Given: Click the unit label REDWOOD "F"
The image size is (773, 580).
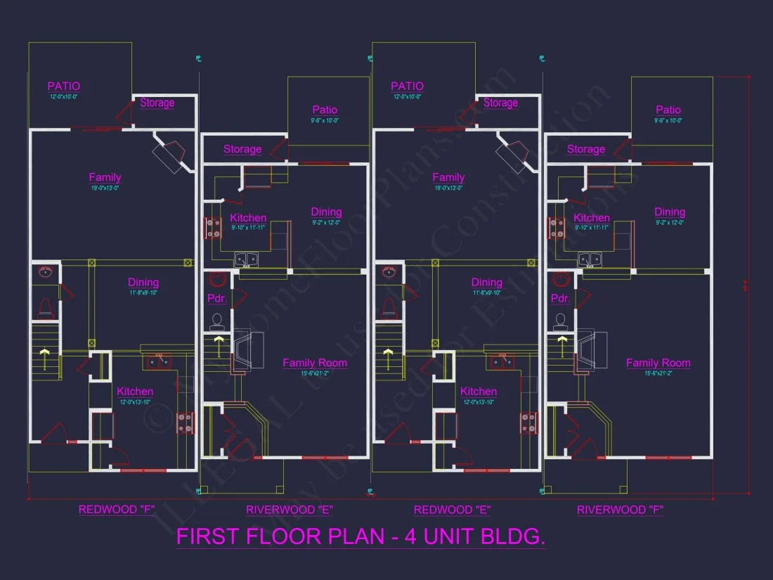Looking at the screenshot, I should pyautogui.click(x=117, y=510).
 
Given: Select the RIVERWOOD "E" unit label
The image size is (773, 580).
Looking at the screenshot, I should pyautogui.click(x=289, y=510).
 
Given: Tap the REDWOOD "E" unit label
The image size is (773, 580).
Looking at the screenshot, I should pyautogui.click(x=452, y=510).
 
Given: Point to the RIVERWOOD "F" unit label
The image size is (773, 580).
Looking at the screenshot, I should pyautogui.click(x=620, y=510).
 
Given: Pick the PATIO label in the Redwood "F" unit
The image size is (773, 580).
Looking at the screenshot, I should pyautogui.click(x=64, y=86).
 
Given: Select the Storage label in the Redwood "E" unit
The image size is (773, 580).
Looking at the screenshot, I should pyautogui.click(x=500, y=103).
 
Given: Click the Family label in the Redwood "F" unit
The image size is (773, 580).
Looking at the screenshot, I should pyautogui.click(x=105, y=178).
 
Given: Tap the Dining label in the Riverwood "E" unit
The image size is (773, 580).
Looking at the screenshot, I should pyautogui.click(x=326, y=212).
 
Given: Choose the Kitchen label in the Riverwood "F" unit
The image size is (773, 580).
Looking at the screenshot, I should pyautogui.click(x=591, y=218).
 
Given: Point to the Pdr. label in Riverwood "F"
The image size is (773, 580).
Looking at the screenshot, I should pyautogui.click(x=560, y=298).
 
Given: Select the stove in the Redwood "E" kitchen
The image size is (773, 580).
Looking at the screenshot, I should pyautogui.click(x=528, y=422).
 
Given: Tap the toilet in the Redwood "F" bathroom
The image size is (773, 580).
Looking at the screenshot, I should pyautogui.click(x=46, y=307).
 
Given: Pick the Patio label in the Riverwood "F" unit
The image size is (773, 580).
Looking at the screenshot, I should pyautogui.click(x=668, y=110).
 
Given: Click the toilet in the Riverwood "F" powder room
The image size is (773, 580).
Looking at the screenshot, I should pyautogui.click(x=560, y=322).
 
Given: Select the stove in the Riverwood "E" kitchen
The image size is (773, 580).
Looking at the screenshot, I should pyautogui.click(x=211, y=227).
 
